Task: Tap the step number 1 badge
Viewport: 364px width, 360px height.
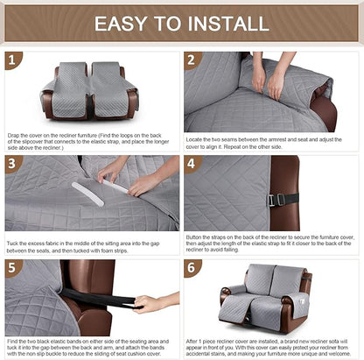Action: [x=12, y=60]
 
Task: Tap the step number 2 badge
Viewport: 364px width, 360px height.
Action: [x=193, y=60]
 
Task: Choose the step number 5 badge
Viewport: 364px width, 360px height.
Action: [x=12, y=267]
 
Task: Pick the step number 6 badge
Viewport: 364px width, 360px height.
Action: [x=193, y=267]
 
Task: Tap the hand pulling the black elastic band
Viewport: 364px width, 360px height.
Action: [x=152, y=304]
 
